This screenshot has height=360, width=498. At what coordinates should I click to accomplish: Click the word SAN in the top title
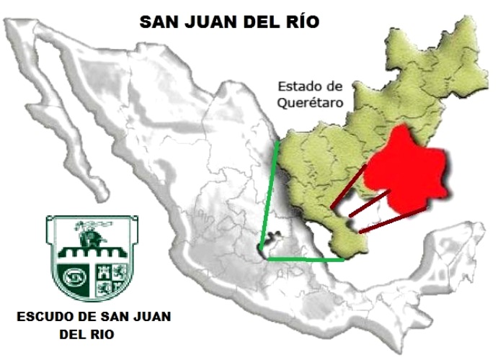[158, 22]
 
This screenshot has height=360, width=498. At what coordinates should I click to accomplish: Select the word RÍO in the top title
[298, 22]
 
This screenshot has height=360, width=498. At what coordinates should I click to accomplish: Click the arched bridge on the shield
[87, 252]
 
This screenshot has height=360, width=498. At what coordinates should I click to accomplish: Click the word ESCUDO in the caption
[43, 317]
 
